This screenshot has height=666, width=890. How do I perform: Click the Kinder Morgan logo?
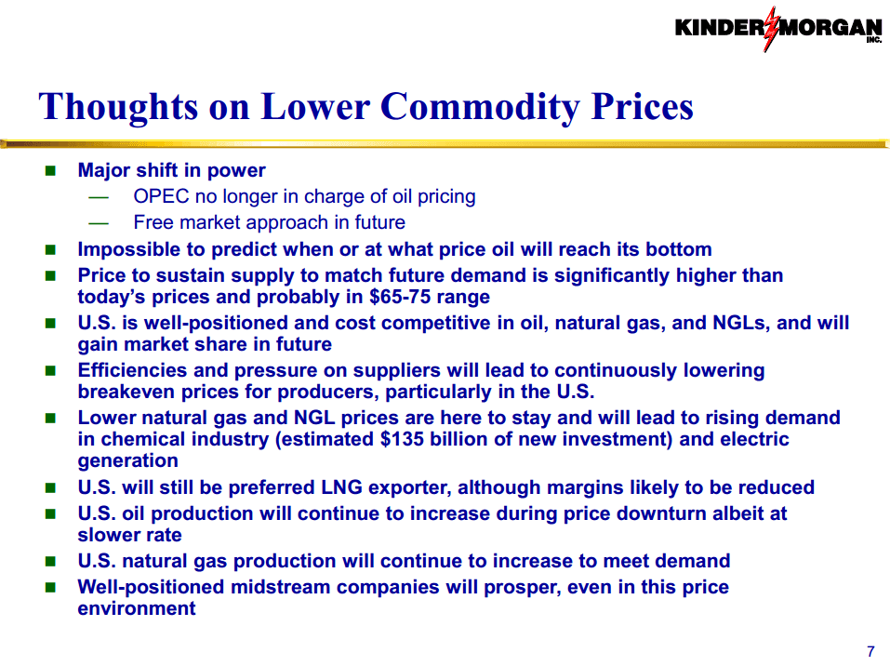(x=778, y=29)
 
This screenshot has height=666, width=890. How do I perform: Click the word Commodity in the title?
(x=480, y=108)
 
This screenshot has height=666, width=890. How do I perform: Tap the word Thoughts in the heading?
(x=118, y=108)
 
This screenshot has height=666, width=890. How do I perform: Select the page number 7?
(x=870, y=651)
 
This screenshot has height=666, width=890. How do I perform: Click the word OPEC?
(x=161, y=196)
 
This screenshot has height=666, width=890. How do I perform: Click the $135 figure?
(x=402, y=439)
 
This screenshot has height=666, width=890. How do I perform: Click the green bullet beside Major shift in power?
(x=50, y=170)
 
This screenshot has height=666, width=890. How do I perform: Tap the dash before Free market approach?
(x=99, y=223)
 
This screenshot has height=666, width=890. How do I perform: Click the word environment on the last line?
(x=136, y=608)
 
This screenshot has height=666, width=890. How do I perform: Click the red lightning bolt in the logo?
(x=771, y=29)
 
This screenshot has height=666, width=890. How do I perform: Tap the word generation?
(x=127, y=461)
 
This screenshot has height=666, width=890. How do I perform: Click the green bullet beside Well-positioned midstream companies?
(x=50, y=587)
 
